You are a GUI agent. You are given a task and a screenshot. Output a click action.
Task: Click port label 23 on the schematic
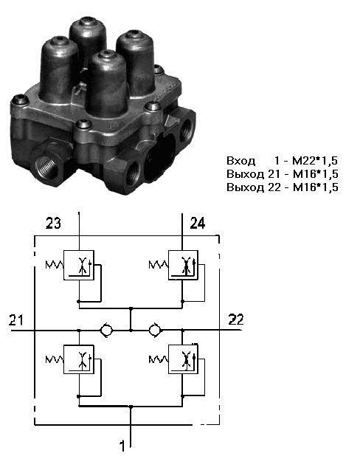click(x=53, y=224)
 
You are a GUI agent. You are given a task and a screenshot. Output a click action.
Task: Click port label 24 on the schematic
click(x=198, y=224)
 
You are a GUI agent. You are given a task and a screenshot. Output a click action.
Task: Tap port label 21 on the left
click(x=16, y=319)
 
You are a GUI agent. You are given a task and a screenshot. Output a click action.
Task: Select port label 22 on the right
click(x=236, y=319)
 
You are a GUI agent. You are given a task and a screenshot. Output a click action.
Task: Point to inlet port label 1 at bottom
click(x=122, y=446)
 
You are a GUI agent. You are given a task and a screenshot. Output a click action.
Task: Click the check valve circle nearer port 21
click(x=106, y=330)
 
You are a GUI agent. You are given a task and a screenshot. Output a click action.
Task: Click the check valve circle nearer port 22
click(x=155, y=330)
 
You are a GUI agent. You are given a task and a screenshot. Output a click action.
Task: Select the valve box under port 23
click(x=79, y=266)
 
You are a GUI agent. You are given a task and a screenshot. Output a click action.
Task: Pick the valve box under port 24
click(x=183, y=266)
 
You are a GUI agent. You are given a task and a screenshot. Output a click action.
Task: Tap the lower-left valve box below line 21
click(x=79, y=359)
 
